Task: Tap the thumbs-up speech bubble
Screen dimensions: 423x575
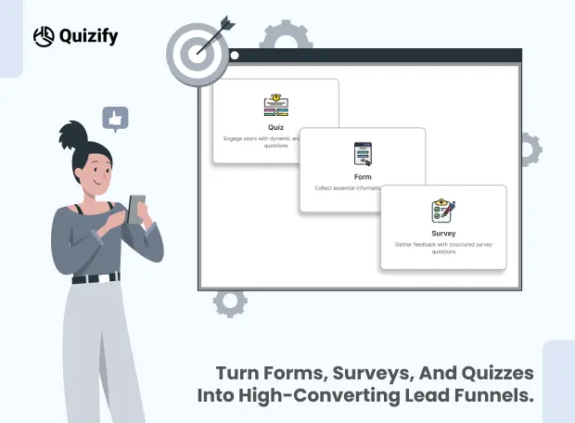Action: (115, 119)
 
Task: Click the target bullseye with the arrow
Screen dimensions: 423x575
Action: (196, 51)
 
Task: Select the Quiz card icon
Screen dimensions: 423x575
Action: (275, 105)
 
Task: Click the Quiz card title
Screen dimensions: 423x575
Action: (275, 127)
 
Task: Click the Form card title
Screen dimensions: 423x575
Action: (363, 175)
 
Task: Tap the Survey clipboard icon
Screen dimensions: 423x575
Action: (443, 211)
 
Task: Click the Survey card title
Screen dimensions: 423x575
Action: (443, 233)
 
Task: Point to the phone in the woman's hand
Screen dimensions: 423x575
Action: (136, 209)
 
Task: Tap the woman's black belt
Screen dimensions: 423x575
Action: (96, 277)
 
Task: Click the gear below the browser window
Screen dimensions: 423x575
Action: (230, 301)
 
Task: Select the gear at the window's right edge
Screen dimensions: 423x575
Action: (530, 148)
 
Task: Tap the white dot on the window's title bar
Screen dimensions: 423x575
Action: (235, 55)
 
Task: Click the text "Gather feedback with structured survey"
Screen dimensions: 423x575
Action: (443, 245)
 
